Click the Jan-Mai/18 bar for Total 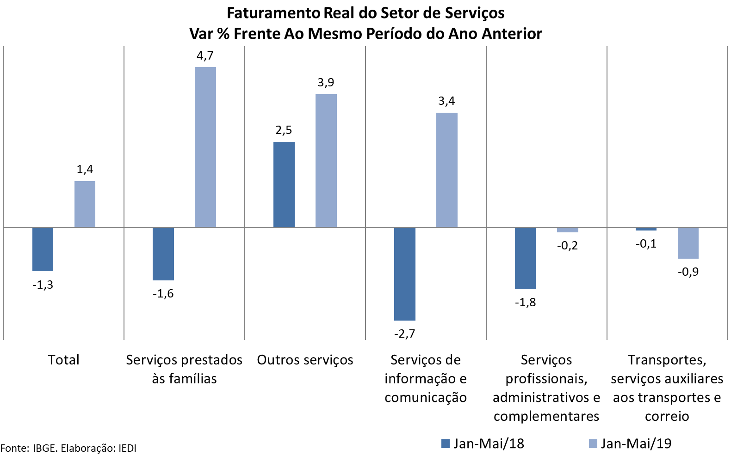pyautogui.click(x=43, y=249)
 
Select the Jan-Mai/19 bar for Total pyautogui.click(x=85, y=204)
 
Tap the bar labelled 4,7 pyautogui.click(x=205, y=147)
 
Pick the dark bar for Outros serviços pyautogui.click(x=284, y=184)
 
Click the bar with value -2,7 pyautogui.click(x=404, y=273)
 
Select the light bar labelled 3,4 pyautogui.click(x=446, y=170)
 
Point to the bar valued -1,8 pyautogui.click(x=525, y=258)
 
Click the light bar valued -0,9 pyautogui.click(x=688, y=243)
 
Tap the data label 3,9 pyautogui.click(x=326, y=83)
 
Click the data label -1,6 pyautogui.click(x=163, y=294)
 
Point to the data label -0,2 pyautogui.click(x=567, y=246)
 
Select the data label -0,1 pyautogui.click(x=646, y=244)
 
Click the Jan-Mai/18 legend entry pyautogui.click(x=483, y=444)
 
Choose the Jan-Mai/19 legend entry pyautogui.click(x=630, y=444)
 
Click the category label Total pyautogui.click(x=64, y=360)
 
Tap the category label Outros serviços pyautogui.click(x=305, y=360)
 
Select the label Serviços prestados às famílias pyautogui.click(x=184, y=369)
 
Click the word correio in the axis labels pyautogui.click(x=667, y=417)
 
